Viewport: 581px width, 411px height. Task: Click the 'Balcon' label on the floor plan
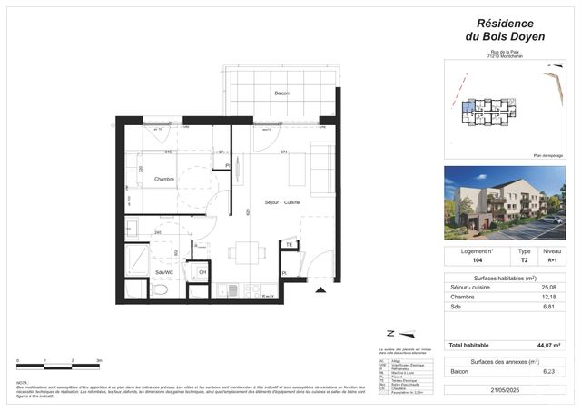pyautogui.click(x=282, y=94)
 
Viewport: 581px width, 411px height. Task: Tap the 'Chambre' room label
pyautogui.click(x=163, y=180)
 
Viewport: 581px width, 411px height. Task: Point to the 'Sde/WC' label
pyautogui.click(x=165, y=271)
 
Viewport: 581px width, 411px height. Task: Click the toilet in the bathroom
pyautogui.click(x=160, y=290)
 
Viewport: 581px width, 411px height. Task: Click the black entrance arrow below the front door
pyautogui.click(x=319, y=290)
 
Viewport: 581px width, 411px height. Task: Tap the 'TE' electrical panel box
pyautogui.click(x=289, y=245)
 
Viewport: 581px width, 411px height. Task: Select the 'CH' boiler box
pyautogui.click(x=202, y=272)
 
